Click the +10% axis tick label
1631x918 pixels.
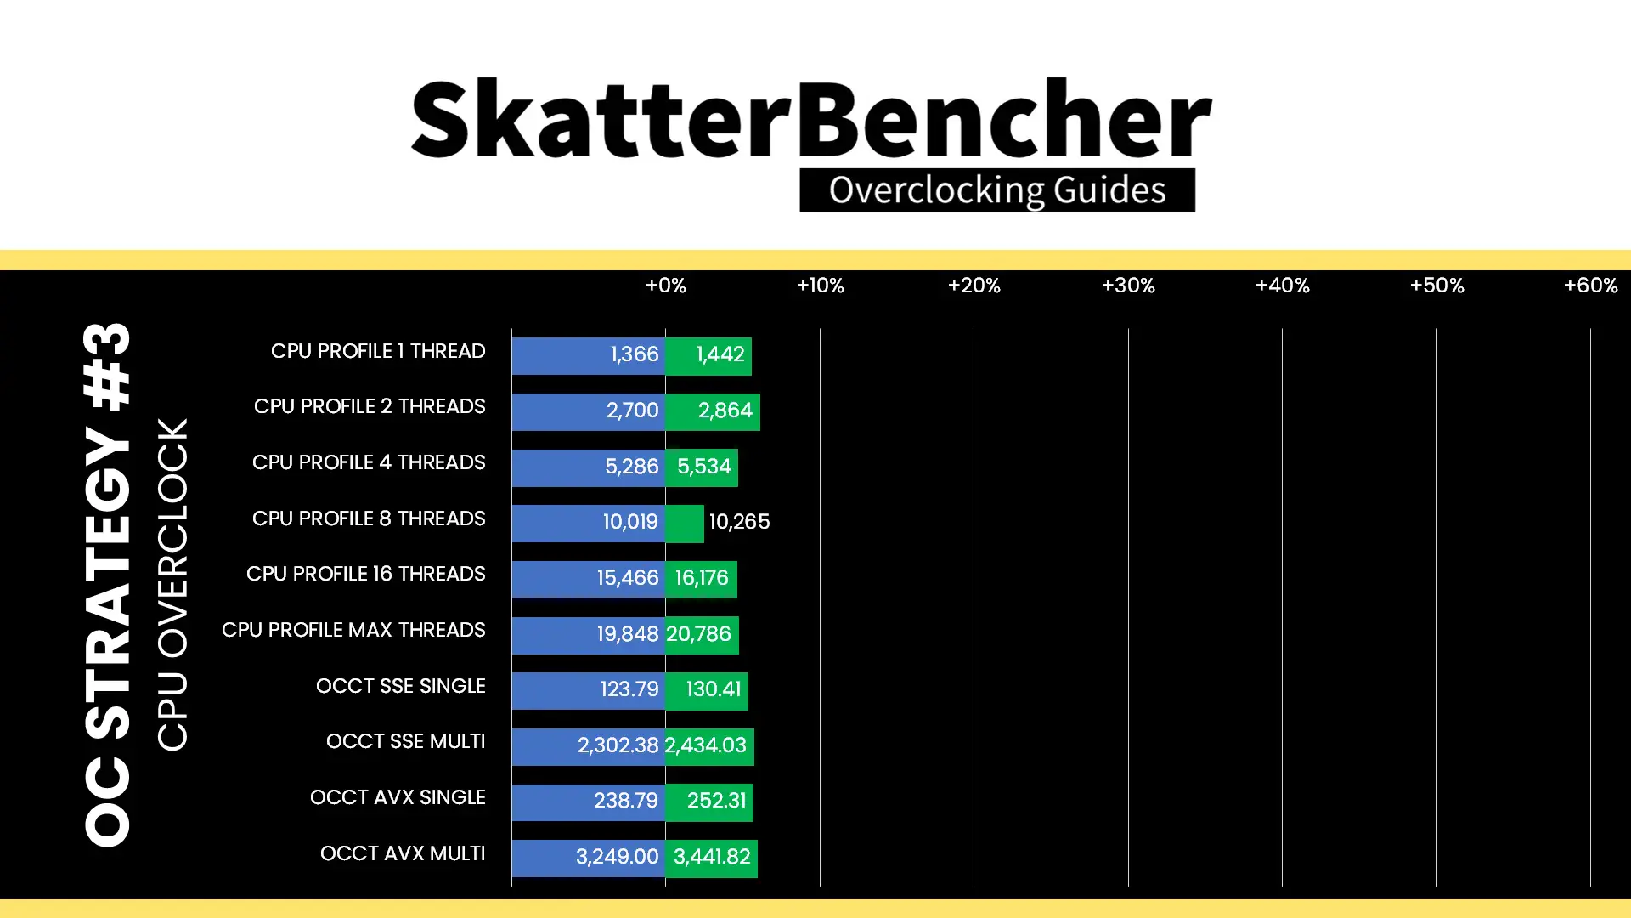point(820,286)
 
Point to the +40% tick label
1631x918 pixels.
point(1282,286)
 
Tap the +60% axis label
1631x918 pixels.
point(1590,286)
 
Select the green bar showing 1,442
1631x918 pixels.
point(708,355)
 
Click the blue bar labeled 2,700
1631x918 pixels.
point(589,411)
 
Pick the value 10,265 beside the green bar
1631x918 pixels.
point(739,522)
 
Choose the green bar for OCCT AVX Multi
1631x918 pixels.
point(712,858)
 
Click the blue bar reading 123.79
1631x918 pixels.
point(589,690)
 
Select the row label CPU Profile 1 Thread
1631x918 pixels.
point(378,351)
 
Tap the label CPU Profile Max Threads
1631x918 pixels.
point(353,630)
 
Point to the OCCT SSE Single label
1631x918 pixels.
point(400,686)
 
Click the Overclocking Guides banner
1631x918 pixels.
point(997,190)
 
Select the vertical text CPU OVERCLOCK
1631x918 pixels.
point(172,585)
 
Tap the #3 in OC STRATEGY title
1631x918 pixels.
point(108,366)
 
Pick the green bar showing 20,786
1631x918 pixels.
point(703,635)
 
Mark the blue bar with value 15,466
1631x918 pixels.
point(589,579)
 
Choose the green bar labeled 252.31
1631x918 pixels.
point(709,802)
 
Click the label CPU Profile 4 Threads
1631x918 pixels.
point(369,462)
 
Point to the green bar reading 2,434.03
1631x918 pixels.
point(709,746)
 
